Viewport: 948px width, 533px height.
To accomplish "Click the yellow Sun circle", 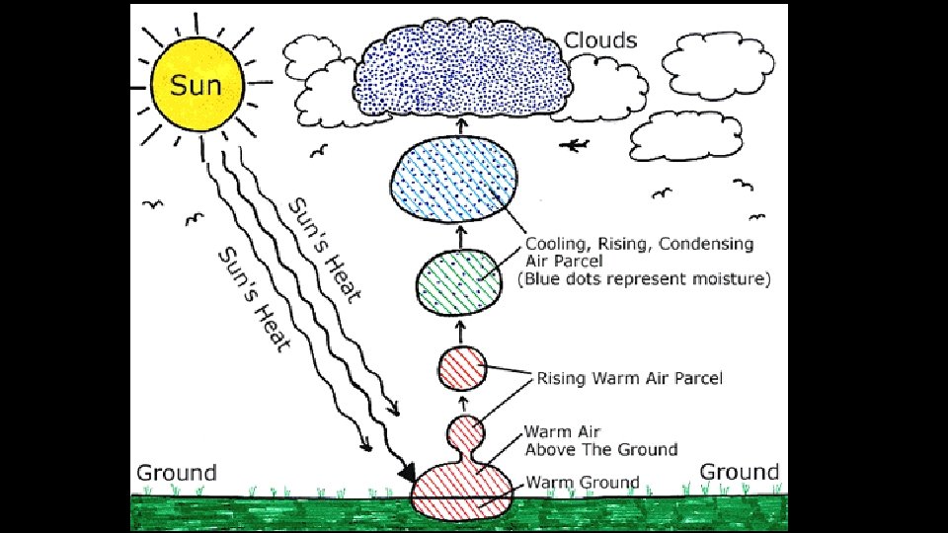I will coord(196,83).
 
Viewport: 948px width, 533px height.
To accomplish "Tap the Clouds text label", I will coord(600,41).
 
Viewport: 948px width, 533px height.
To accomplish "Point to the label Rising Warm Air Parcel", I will coord(629,378).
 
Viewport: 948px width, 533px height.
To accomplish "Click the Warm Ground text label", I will coord(582,483).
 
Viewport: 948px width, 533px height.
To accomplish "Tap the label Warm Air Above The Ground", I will coord(599,440).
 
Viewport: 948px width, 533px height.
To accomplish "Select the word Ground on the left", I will coord(176,472).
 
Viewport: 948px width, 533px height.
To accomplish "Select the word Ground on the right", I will coord(740,472).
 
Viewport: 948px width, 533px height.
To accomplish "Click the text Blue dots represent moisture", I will coord(643,279).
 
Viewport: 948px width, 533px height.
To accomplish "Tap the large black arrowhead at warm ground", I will coord(407,476).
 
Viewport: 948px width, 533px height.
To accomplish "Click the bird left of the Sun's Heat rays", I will coord(151,204).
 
